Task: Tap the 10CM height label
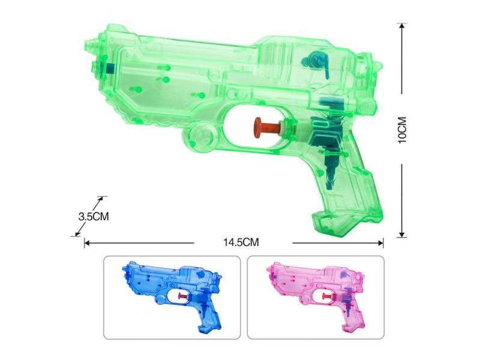(403, 129)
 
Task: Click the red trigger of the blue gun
(181, 295)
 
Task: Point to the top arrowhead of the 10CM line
(403, 26)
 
